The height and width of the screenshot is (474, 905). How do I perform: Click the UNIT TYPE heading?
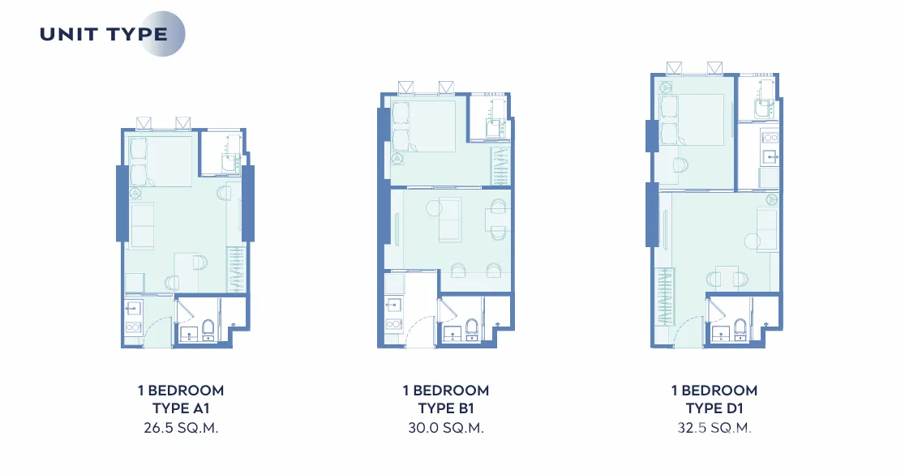click(104, 34)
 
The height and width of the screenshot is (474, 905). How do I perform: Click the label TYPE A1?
click(181, 408)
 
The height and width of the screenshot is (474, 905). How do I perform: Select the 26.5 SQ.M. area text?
click(181, 428)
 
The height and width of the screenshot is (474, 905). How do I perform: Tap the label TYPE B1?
click(445, 408)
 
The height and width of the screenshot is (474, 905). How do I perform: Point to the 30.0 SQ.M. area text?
click(445, 428)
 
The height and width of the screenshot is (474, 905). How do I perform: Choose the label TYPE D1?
click(714, 408)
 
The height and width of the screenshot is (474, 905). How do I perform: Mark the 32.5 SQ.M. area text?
click(714, 428)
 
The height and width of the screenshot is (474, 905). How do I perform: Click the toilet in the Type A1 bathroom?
click(208, 327)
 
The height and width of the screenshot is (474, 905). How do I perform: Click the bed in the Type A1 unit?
click(161, 161)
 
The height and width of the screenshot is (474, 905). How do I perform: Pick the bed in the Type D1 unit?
click(692, 119)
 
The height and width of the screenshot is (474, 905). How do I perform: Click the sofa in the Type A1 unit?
click(142, 225)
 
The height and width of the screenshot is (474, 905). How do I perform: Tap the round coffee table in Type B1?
click(434, 207)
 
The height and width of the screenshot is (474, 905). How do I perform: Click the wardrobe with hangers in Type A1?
click(236, 269)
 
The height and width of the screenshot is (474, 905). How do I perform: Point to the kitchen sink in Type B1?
click(395, 305)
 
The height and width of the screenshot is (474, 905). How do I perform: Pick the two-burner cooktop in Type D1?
click(770, 138)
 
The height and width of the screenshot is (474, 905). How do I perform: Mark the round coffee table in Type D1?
click(752, 241)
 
